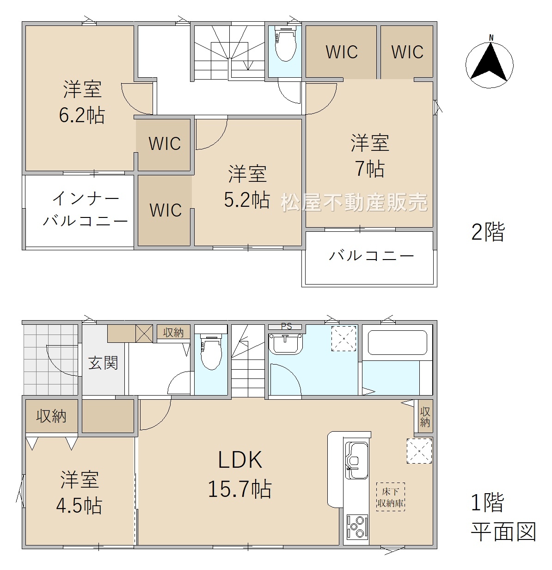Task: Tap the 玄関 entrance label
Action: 103,363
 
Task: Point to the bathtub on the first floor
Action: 397,343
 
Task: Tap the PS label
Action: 286,326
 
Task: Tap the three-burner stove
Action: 357,527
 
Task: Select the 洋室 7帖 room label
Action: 370,156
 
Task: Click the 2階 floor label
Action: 488,232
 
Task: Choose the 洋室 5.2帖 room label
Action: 247,187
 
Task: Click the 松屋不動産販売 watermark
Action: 355,202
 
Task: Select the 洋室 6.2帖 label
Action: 82,102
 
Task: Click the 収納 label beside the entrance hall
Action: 173,333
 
